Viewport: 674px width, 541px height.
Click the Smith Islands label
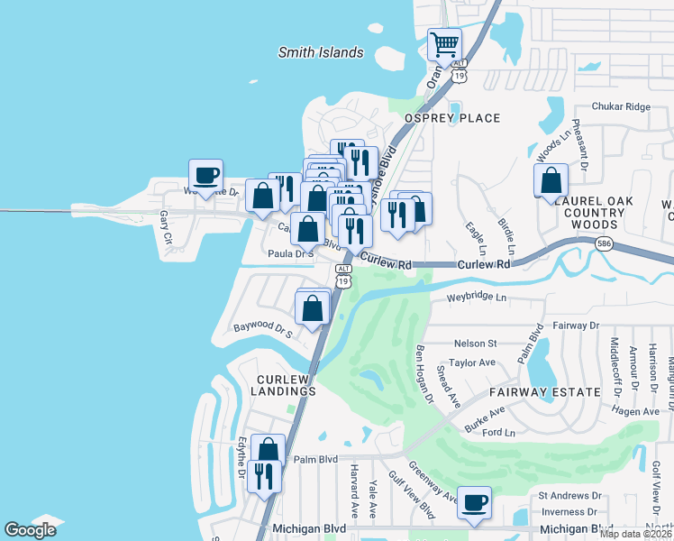(320, 52)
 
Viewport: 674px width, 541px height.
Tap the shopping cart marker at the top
(444, 43)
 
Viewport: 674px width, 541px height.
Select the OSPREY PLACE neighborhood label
(451, 118)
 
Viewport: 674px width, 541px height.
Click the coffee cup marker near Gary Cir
(205, 175)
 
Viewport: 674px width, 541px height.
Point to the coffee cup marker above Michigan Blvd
(475, 502)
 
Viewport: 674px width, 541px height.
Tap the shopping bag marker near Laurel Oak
(551, 179)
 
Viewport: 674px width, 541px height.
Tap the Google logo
(31, 530)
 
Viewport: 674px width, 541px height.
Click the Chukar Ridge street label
(620, 106)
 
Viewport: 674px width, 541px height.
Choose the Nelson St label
(475, 344)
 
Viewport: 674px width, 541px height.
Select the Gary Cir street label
(164, 228)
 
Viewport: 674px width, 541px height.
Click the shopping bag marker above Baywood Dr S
(313, 307)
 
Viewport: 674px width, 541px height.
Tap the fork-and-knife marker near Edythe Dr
(263, 475)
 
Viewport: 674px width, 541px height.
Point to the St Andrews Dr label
(569, 496)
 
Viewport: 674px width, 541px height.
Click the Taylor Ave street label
(472, 362)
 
